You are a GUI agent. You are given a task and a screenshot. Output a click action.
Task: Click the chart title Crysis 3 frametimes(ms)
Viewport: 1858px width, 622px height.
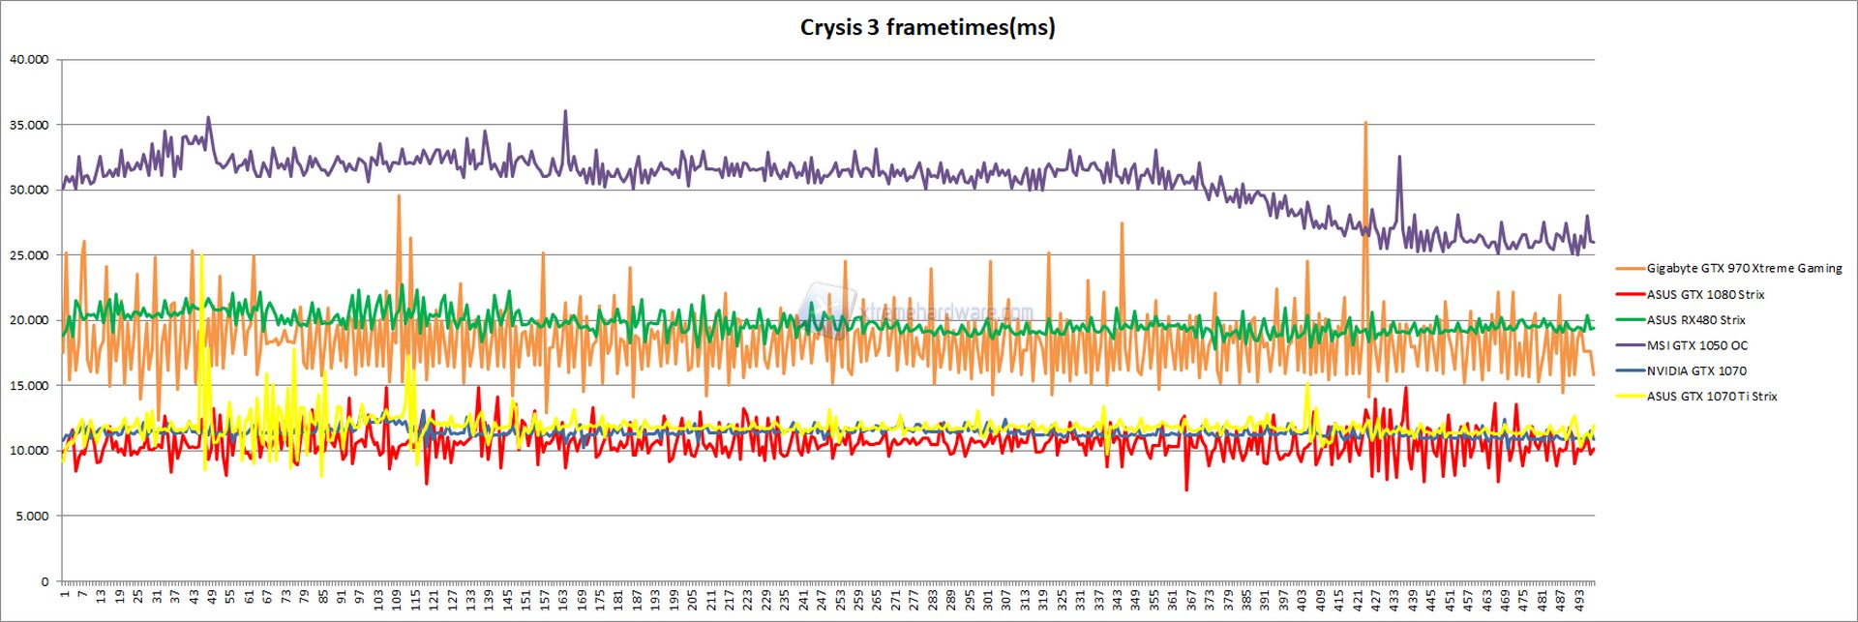click(927, 27)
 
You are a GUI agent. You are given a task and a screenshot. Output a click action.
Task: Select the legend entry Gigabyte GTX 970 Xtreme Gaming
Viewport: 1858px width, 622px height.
click(1744, 269)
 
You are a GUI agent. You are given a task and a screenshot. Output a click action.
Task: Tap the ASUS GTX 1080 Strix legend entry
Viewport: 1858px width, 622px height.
click(1705, 294)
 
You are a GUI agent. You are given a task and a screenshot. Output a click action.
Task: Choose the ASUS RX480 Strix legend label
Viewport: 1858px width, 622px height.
click(1695, 320)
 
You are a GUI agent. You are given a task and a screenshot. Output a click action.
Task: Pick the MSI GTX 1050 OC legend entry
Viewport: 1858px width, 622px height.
click(1696, 345)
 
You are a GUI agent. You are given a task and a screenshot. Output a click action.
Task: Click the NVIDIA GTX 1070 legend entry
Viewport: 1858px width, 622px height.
click(1696, 370)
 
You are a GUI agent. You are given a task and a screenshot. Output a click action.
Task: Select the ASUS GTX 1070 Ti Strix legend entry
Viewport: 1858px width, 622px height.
click(1711, 397)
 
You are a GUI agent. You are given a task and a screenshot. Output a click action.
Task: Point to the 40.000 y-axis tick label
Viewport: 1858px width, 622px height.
click(29, 59)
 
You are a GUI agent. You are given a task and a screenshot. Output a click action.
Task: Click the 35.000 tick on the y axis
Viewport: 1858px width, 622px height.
click(29, 125)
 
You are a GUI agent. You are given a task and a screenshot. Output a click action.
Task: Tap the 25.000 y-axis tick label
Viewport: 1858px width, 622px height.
click(29, 255)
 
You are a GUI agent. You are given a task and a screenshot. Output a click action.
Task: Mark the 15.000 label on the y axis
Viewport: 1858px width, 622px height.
click(29, 385)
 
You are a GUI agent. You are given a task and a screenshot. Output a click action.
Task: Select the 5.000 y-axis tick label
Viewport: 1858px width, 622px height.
click(32, 516)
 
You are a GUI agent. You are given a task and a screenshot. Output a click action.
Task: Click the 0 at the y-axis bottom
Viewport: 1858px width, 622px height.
click(45, 581)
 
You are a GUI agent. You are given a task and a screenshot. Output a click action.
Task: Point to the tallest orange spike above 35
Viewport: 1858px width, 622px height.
click(1365, 124)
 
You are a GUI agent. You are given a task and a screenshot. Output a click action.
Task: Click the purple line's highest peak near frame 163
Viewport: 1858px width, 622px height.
click(565, 112)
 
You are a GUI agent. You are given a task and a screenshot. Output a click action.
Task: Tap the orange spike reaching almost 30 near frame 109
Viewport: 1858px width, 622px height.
click(399, 196)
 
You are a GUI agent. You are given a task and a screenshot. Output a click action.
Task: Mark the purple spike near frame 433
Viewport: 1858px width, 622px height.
click(1399, 158)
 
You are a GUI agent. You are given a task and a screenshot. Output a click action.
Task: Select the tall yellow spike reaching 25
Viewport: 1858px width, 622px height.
click(201, 257)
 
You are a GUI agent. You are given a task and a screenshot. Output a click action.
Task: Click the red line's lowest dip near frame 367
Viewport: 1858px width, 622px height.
click(1186, 489)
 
